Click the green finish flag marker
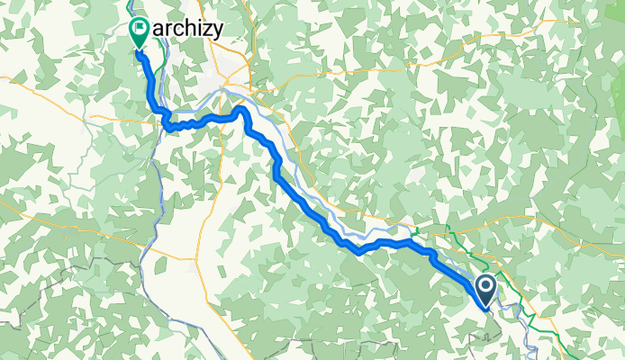click(140, 31)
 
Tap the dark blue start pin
click(485, 289)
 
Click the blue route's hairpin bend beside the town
click(240, 110)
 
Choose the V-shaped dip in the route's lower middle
click(358, 251)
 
